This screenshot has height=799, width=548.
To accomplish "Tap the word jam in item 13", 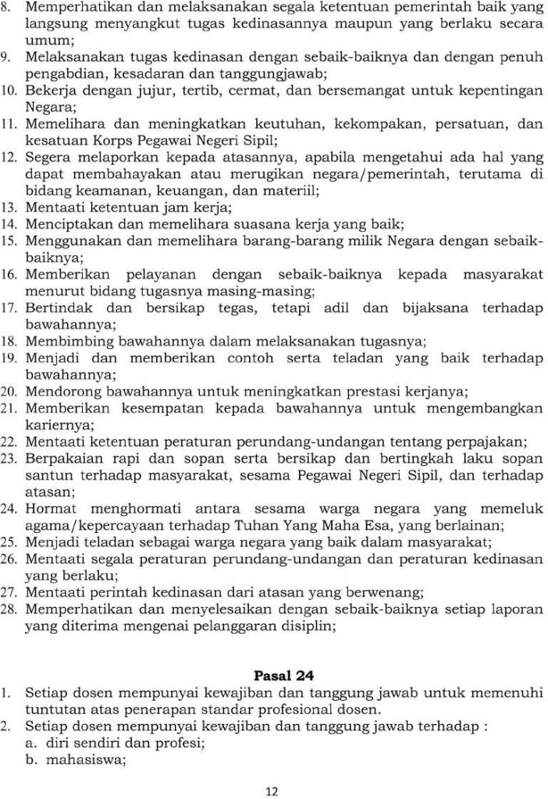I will click(165, 207).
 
